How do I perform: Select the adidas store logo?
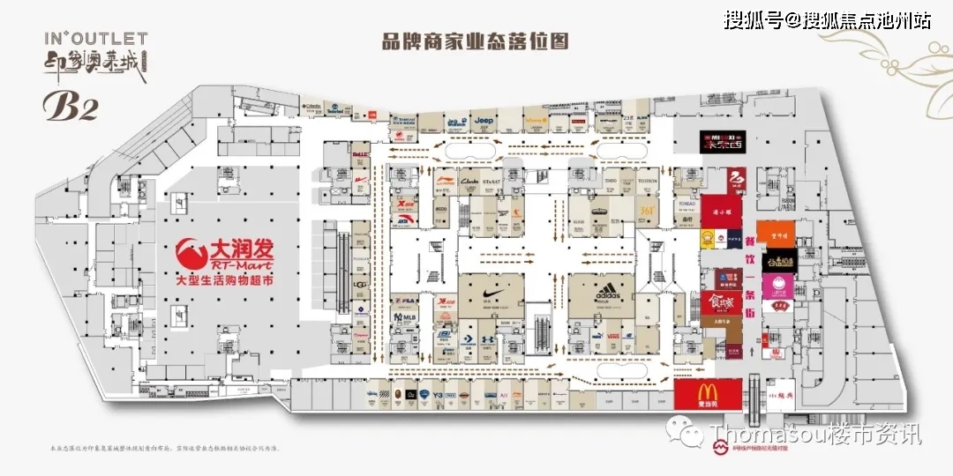(x=604, y=291)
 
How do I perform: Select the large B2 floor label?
(x=71, y=106)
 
